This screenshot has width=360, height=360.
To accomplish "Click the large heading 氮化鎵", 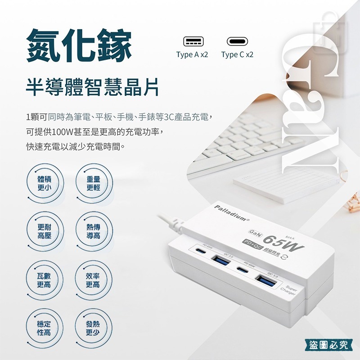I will tap(79, 47).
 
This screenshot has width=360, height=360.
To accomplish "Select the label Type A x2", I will tap(192, 54).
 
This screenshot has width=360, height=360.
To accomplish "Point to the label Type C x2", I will tap(237, 54).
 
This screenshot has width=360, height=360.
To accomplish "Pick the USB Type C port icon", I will tap(237, 42).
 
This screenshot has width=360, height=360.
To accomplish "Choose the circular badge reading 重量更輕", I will tap(93, 183).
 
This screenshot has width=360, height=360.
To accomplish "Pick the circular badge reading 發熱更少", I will tap(93, 328).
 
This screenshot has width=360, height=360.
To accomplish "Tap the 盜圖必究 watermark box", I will tap(328, 345).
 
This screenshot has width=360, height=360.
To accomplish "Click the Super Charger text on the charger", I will tap(289, 290).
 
